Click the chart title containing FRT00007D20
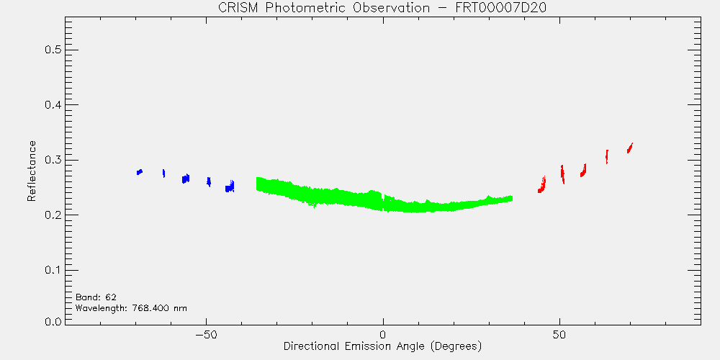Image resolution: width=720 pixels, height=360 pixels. [382, 9]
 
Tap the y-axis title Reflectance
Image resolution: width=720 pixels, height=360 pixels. [31, 171]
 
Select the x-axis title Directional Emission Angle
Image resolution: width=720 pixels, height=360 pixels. [382, 346]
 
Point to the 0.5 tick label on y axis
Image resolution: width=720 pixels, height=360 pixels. [53, 50]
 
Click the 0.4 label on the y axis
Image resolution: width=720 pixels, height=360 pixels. [53, 104]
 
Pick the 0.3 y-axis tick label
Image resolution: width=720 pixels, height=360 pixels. [53, 160]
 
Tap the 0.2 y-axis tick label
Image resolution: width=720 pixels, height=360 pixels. [53, 215]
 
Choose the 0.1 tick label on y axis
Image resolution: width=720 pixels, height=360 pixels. [53, 270]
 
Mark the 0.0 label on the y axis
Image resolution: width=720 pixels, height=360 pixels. [53, 321]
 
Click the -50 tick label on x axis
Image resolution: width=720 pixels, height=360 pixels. [206, 334]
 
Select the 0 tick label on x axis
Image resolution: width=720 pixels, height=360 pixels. [383, 334]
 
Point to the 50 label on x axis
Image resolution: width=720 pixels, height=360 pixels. [559, 334]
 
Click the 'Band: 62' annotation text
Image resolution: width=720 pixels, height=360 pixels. [96, 297]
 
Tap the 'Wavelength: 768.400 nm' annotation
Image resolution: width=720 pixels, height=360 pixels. [131, 308]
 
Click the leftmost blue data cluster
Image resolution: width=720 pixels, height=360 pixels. [140, 172]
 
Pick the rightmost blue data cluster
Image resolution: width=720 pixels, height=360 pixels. [230, 186]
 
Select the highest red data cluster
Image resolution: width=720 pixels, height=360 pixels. [629, 148]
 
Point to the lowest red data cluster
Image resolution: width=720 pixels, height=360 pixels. [542, 184]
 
